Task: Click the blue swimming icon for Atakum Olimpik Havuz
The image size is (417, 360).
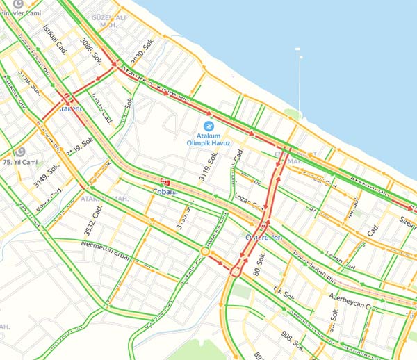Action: point(209,126)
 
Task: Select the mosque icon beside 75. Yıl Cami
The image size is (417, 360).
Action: point(19,152)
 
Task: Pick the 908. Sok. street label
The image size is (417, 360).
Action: point(292,341)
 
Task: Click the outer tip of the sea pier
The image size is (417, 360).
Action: point(298,49)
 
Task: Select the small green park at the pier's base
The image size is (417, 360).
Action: point(293,114)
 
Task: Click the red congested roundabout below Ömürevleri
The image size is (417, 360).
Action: point(234,270)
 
